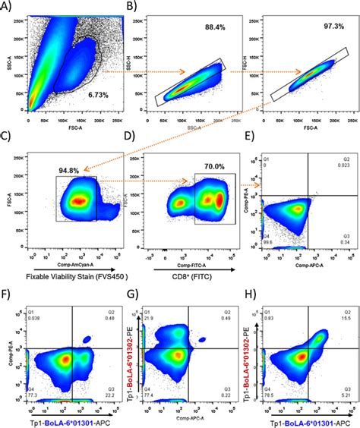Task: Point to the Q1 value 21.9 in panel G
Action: coord(150,316)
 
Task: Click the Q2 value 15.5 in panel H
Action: coord(346,316)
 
